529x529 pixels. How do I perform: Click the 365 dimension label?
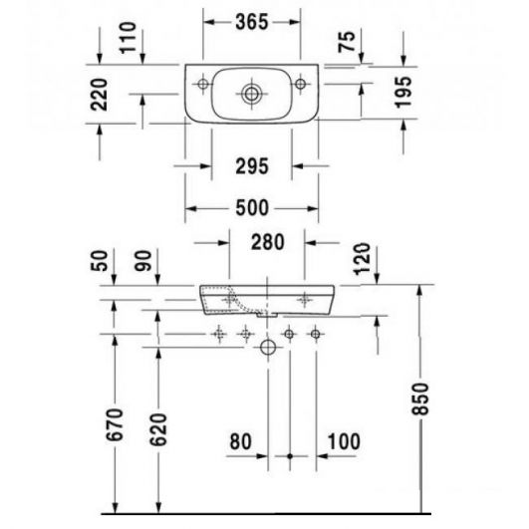pos(252,22)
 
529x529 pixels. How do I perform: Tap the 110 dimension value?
pos(128,38)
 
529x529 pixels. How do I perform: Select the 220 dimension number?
pos(99,95)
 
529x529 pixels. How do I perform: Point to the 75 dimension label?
pos(347,42)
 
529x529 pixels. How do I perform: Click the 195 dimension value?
pos(403,92)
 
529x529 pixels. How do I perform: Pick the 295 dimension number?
pos(252,166)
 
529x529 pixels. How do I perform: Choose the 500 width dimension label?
pos(252,208)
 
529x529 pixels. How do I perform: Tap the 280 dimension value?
pos(268,242)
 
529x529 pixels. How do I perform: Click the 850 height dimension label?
pos(420,398)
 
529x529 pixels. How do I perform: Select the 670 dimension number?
pos(115,424)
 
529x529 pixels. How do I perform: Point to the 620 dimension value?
pos(158,429)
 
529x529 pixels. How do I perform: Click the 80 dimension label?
pos(240,441)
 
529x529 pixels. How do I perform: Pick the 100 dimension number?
pos(344,441)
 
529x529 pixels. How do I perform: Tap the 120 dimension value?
pos(363,259)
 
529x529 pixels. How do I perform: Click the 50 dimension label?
pos(100,261)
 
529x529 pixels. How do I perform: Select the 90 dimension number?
pos(143,261)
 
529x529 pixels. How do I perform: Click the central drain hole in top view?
pos(251,94)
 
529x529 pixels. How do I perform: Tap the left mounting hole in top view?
pos(203,83)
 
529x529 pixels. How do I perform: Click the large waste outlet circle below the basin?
pos(268,347)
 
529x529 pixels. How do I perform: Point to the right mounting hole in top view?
pos(300,83)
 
